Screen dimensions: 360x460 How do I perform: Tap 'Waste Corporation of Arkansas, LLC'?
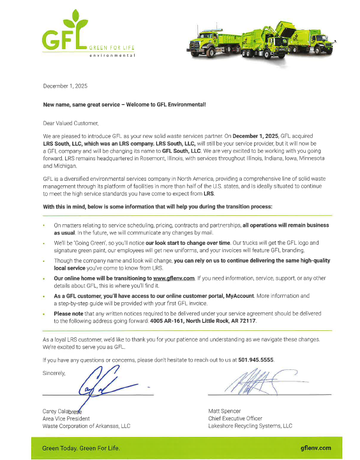pos(86,425)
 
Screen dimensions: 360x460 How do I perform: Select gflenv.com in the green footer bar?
pos(315,448)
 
